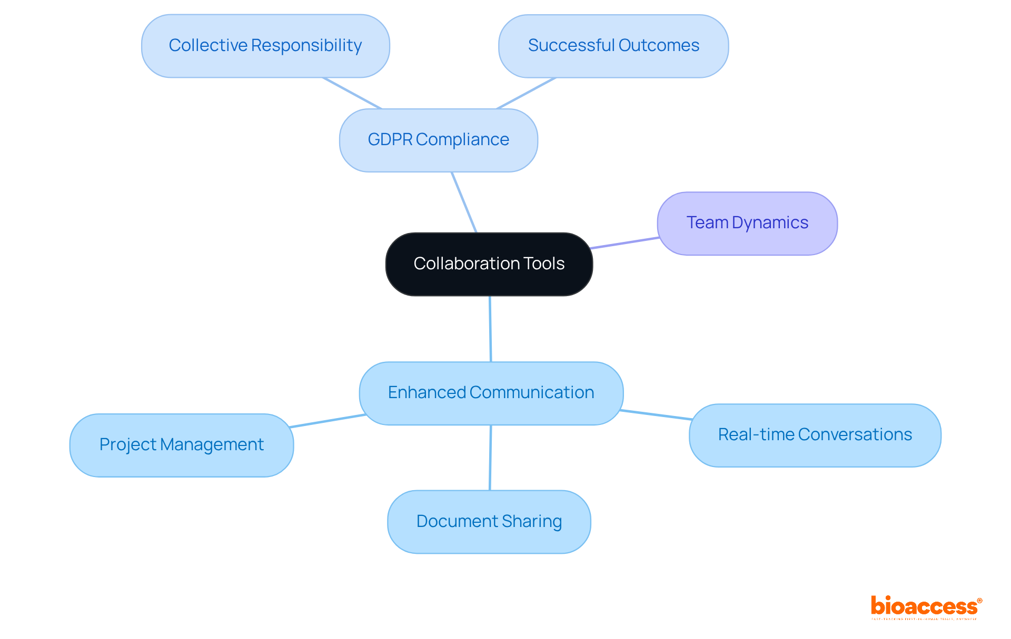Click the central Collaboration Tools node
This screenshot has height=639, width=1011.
tap(489, 264)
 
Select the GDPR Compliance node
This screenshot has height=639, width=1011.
tap(438, 140)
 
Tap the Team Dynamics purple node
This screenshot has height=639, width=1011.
tap(747, 223)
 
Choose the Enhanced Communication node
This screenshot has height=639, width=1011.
tap(491, 393)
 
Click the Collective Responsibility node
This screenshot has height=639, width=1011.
tap(265, 46)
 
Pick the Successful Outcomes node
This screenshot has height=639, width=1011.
tap(613, 46)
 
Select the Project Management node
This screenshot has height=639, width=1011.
tap(181, 445)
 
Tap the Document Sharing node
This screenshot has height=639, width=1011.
tap(489, 521)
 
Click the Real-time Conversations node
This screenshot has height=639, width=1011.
tap(815, 435)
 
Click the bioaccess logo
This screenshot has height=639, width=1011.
tap(926, 607)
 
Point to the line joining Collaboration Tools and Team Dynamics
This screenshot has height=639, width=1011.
tap(625, 243)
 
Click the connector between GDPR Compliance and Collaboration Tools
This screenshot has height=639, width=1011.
tap(464, 202)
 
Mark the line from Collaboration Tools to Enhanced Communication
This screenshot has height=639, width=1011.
tap(490, 329)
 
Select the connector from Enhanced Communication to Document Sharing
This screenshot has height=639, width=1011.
tap(490, 458)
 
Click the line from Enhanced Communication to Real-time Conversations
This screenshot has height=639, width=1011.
tap(656, 414)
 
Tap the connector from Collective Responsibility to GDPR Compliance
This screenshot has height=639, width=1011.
tap(352, 93)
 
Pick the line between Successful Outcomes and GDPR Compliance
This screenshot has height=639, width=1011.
tap(526, 93)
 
